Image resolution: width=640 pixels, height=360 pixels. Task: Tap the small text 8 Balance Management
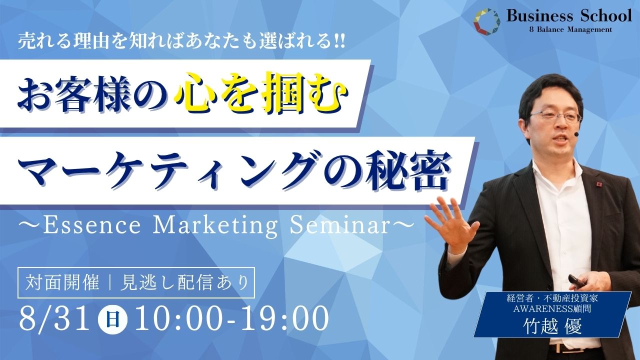click(570, 29)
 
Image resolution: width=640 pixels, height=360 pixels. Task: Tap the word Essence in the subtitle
click(92, 225)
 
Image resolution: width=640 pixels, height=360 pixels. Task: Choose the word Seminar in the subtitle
click(339, 225)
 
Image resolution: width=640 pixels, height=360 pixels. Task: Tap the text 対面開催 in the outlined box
click(62, 283)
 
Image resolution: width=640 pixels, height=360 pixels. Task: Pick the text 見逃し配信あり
click(184, 283)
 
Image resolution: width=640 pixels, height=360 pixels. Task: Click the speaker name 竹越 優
click(552, 325)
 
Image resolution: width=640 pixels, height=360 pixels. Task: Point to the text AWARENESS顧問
click(552, 308)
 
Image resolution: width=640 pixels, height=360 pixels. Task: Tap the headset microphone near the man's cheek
click(576, 134)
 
